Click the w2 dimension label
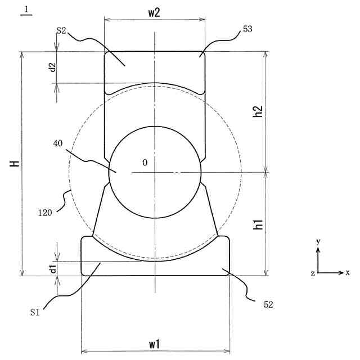154,13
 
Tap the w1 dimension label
155,345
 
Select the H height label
15,164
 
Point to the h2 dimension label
258,111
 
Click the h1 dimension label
258,224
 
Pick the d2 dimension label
53,67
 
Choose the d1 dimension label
53,268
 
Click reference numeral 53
247,29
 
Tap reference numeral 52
268,305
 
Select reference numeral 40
57,143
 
